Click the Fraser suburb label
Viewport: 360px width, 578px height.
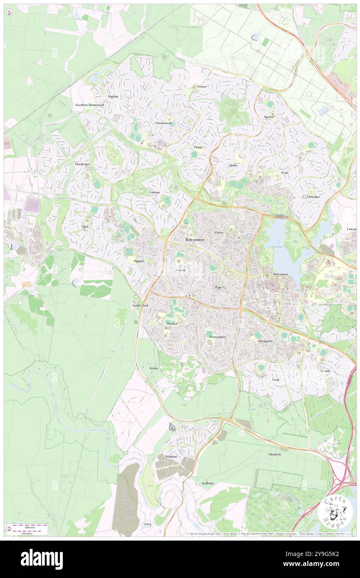202,86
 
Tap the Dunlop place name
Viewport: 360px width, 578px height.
113,96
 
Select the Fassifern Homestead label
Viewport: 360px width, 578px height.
89,105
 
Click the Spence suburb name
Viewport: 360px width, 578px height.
269,117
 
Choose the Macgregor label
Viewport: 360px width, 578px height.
82,164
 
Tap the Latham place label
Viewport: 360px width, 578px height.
154,193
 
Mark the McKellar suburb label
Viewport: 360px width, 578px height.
313,196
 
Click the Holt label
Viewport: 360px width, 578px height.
85,226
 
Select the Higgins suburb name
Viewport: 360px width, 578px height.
139,261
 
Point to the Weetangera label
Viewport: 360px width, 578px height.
218,336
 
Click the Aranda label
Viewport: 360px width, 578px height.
325,371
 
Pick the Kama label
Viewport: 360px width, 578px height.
154,368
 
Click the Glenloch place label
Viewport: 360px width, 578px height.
275,454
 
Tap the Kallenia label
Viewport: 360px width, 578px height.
208,483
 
